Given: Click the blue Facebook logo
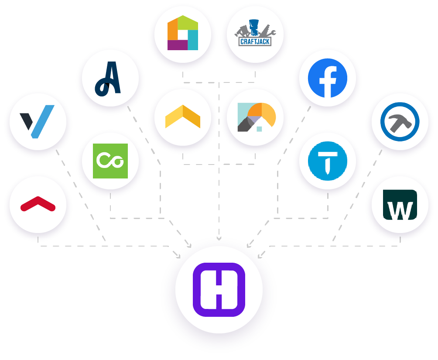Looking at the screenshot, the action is (327, 78).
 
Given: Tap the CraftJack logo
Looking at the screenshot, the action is (255, 33).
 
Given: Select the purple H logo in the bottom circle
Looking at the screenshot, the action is (219, 289).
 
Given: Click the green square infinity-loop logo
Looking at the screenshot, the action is (110, 161).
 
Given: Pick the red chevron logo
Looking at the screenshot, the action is (38, 204).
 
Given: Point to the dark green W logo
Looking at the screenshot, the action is (400, 205).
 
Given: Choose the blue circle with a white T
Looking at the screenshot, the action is (327, 161).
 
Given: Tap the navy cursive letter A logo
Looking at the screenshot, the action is (108, 79).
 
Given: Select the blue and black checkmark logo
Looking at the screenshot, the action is (38, 121).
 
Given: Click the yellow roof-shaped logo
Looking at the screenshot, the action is (183, 117).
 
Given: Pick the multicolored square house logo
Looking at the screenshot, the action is (183, 33).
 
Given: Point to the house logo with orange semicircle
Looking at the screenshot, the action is (256, 117).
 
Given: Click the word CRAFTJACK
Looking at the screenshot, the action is (255, 42).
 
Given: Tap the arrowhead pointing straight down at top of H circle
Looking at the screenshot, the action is (219, 238).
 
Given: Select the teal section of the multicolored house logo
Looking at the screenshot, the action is (192, 40).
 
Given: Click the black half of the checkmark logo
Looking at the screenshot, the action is (27, 120).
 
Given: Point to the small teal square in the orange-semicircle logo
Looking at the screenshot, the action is (259, 129).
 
